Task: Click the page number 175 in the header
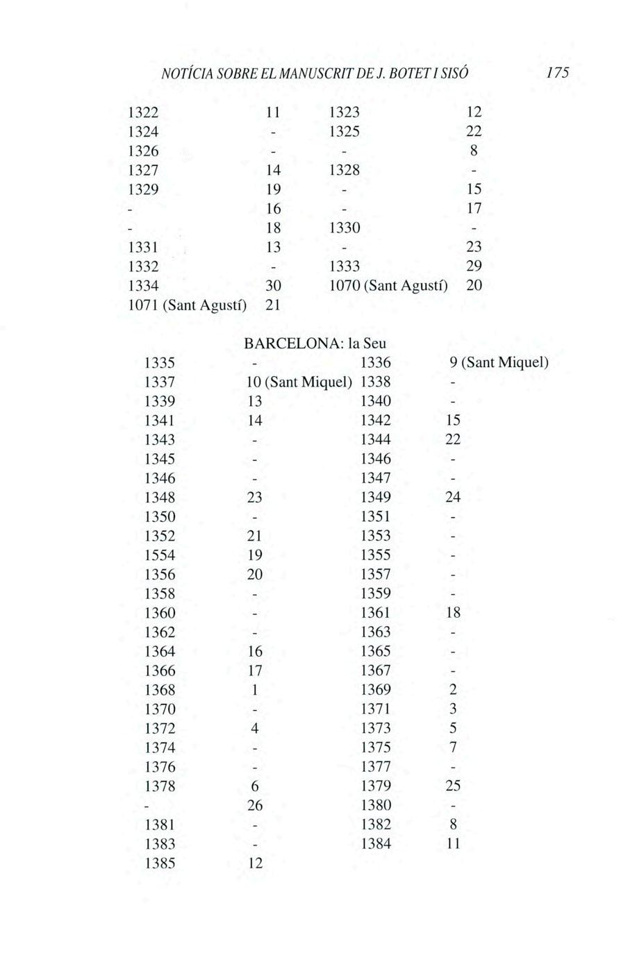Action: pyautogui.click(x=556, y=72)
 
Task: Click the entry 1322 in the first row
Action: pyautogui.click(x=142, y=112)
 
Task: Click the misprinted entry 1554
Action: pyautogui.click(x=159, y=555)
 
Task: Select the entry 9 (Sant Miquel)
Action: pyautogui.click(x=499, y=362)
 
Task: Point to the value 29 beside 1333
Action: pyautogui.click(x=474, y=267)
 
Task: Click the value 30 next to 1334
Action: pyautogui.click(x=273, y=285)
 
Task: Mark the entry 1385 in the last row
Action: pyautogui.click(x=159, y=863)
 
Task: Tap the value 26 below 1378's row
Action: pyautogui.click(x=255, y=806)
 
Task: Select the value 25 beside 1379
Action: pyautogui.click(x=453, y=786)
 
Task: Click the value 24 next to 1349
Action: pyautogui.click(x=453, y=498)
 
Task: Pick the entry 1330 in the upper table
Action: pyautogui.click(x=344, y=228)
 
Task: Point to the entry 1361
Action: pyautogui.click(x=376, y=613)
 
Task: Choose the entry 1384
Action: pyautogui.click(x=376, y=844)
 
